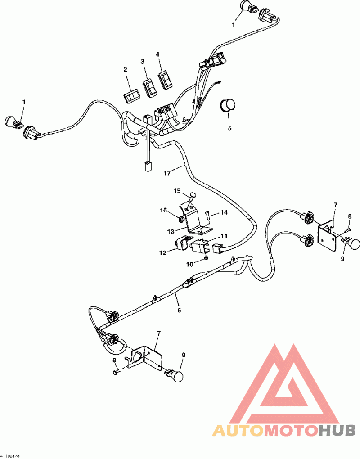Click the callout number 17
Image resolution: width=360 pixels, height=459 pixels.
[x=167, y=173]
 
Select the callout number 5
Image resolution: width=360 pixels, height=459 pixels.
[x=229, y=128]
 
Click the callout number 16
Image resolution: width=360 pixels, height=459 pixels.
[x=164, y=210]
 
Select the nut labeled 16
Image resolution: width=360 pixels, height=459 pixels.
[x=180, y=219]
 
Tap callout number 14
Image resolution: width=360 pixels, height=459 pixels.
[x=224, y=212]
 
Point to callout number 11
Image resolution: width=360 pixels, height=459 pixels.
[x=224, y=236]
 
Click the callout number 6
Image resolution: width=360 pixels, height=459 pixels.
[x=179, y=310]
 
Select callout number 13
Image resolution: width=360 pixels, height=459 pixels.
[x=171, y=232]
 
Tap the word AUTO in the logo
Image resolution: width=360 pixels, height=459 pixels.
[x=237, y=431]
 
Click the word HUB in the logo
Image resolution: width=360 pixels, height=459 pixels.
[x=337, y=431]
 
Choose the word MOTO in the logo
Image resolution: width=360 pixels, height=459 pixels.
[x=290, y=431]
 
